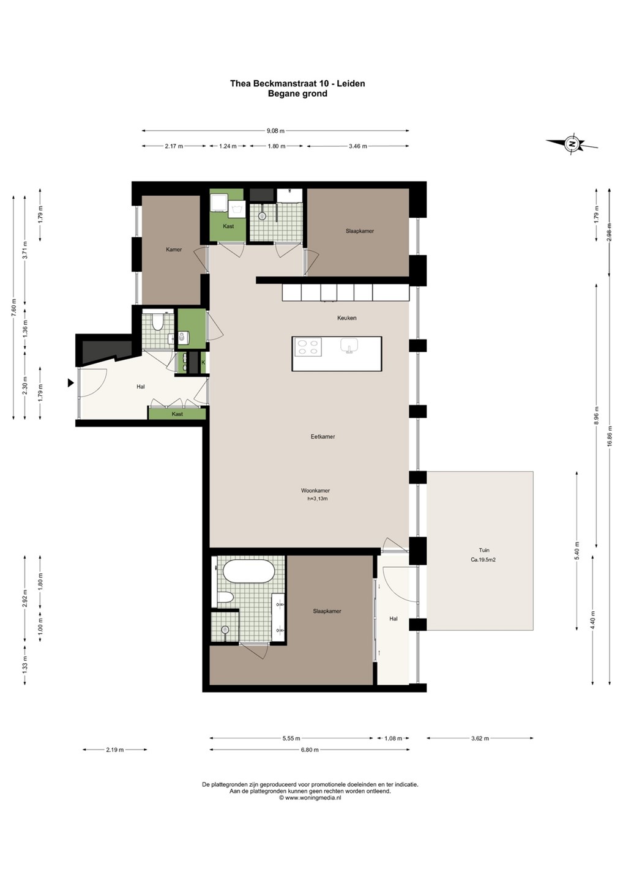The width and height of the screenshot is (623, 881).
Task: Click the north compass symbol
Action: (x=572, y=143)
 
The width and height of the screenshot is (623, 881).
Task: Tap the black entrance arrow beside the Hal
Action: (x=71, y=382)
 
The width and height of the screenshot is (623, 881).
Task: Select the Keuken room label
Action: (x=346, y=318)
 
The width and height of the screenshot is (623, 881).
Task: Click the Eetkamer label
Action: (x=323, y=437)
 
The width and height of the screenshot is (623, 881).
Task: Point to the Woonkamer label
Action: (x=315, y=491)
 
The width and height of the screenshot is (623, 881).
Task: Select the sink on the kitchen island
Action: (x=349, y=346)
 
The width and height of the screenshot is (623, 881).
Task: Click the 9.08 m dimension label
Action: (x=276, y=131)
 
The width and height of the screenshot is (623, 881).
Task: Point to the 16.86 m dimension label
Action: (x=610, y=436)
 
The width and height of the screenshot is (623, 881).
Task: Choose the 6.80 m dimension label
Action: (x=310, y=749)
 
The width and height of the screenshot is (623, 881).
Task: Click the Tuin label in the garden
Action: (x=484, y=550)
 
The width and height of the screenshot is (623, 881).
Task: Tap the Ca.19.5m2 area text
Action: (x=483, y=560)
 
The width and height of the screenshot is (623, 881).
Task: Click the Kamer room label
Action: (x=174, y=250)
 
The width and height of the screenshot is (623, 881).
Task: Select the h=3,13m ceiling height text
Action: (x=318, y=499)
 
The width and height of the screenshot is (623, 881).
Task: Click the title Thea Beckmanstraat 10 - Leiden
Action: (x=297, y=83)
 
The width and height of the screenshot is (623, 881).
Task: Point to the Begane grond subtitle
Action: (x=297, y=94)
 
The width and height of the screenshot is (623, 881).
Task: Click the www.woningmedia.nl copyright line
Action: (x=310, y=798)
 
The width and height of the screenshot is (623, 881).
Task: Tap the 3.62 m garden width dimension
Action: (x=480, y=738)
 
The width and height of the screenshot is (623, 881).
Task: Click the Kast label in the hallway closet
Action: (x=177, y=414)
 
